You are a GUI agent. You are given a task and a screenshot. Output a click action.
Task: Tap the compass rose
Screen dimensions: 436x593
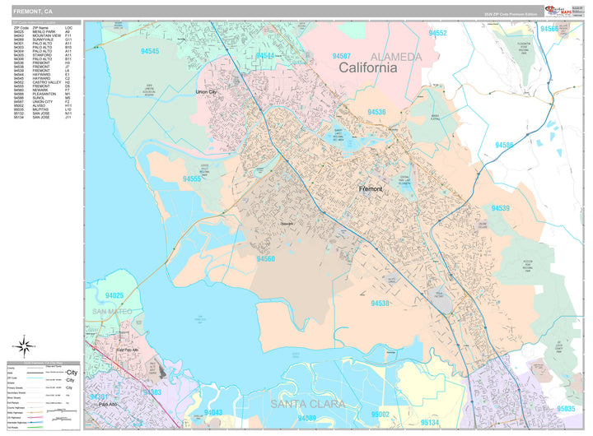click(x=24, y=346)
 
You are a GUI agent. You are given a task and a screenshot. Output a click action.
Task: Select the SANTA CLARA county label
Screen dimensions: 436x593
click(x=312, y=404)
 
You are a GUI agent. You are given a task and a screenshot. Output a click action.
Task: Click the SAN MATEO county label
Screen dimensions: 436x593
click(x=111, y=311)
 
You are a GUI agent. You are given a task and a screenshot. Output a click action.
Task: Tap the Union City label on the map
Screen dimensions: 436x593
click(x=208, y=92)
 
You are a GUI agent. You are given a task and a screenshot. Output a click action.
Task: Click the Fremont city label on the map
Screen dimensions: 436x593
click(x=371, y=189)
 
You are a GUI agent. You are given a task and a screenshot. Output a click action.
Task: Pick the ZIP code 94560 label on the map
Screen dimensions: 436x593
click(x=265, y=258)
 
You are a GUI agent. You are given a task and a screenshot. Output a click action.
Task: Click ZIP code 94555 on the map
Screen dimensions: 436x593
click(x=193, y=179)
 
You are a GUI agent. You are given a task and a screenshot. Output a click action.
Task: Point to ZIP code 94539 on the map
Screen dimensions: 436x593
click(x=501, y=208)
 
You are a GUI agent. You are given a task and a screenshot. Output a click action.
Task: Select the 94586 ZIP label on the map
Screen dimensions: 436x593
click(x=504, y=145)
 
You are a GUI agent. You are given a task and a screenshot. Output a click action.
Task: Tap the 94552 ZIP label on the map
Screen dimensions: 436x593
click(x=437, y=34)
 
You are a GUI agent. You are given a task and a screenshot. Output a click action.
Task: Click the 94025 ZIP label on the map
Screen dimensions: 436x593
click(x=114, y=295)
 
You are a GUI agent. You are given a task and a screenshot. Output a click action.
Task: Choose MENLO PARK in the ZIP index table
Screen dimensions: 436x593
click(x=46, y=31)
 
